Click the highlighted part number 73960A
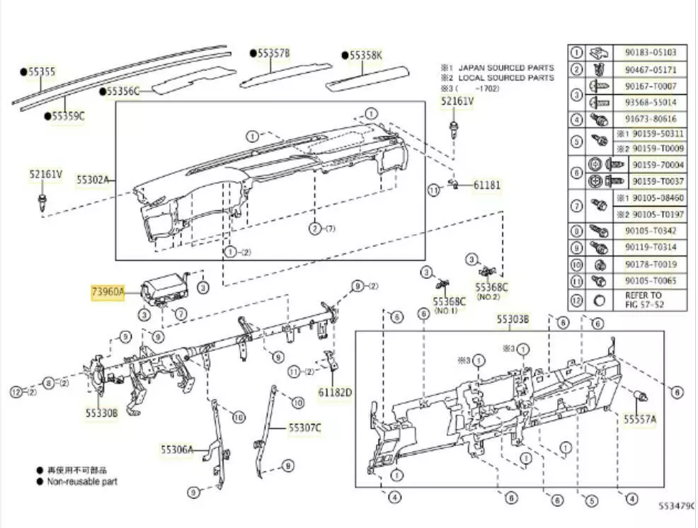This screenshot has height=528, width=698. tap(108, 292)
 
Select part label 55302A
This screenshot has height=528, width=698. tap(93, 180)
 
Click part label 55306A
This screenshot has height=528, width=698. tap(176, 449)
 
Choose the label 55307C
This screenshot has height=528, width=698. tap(304, 427)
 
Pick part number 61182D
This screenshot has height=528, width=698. tap(335, 391)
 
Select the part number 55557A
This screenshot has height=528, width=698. tap(639, 420)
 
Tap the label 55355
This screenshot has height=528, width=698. tap(42, 71)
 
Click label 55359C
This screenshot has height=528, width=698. tap(67, 115)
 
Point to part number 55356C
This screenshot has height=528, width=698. tap(124, 91)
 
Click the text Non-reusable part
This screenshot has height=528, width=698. tap(82, 481)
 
